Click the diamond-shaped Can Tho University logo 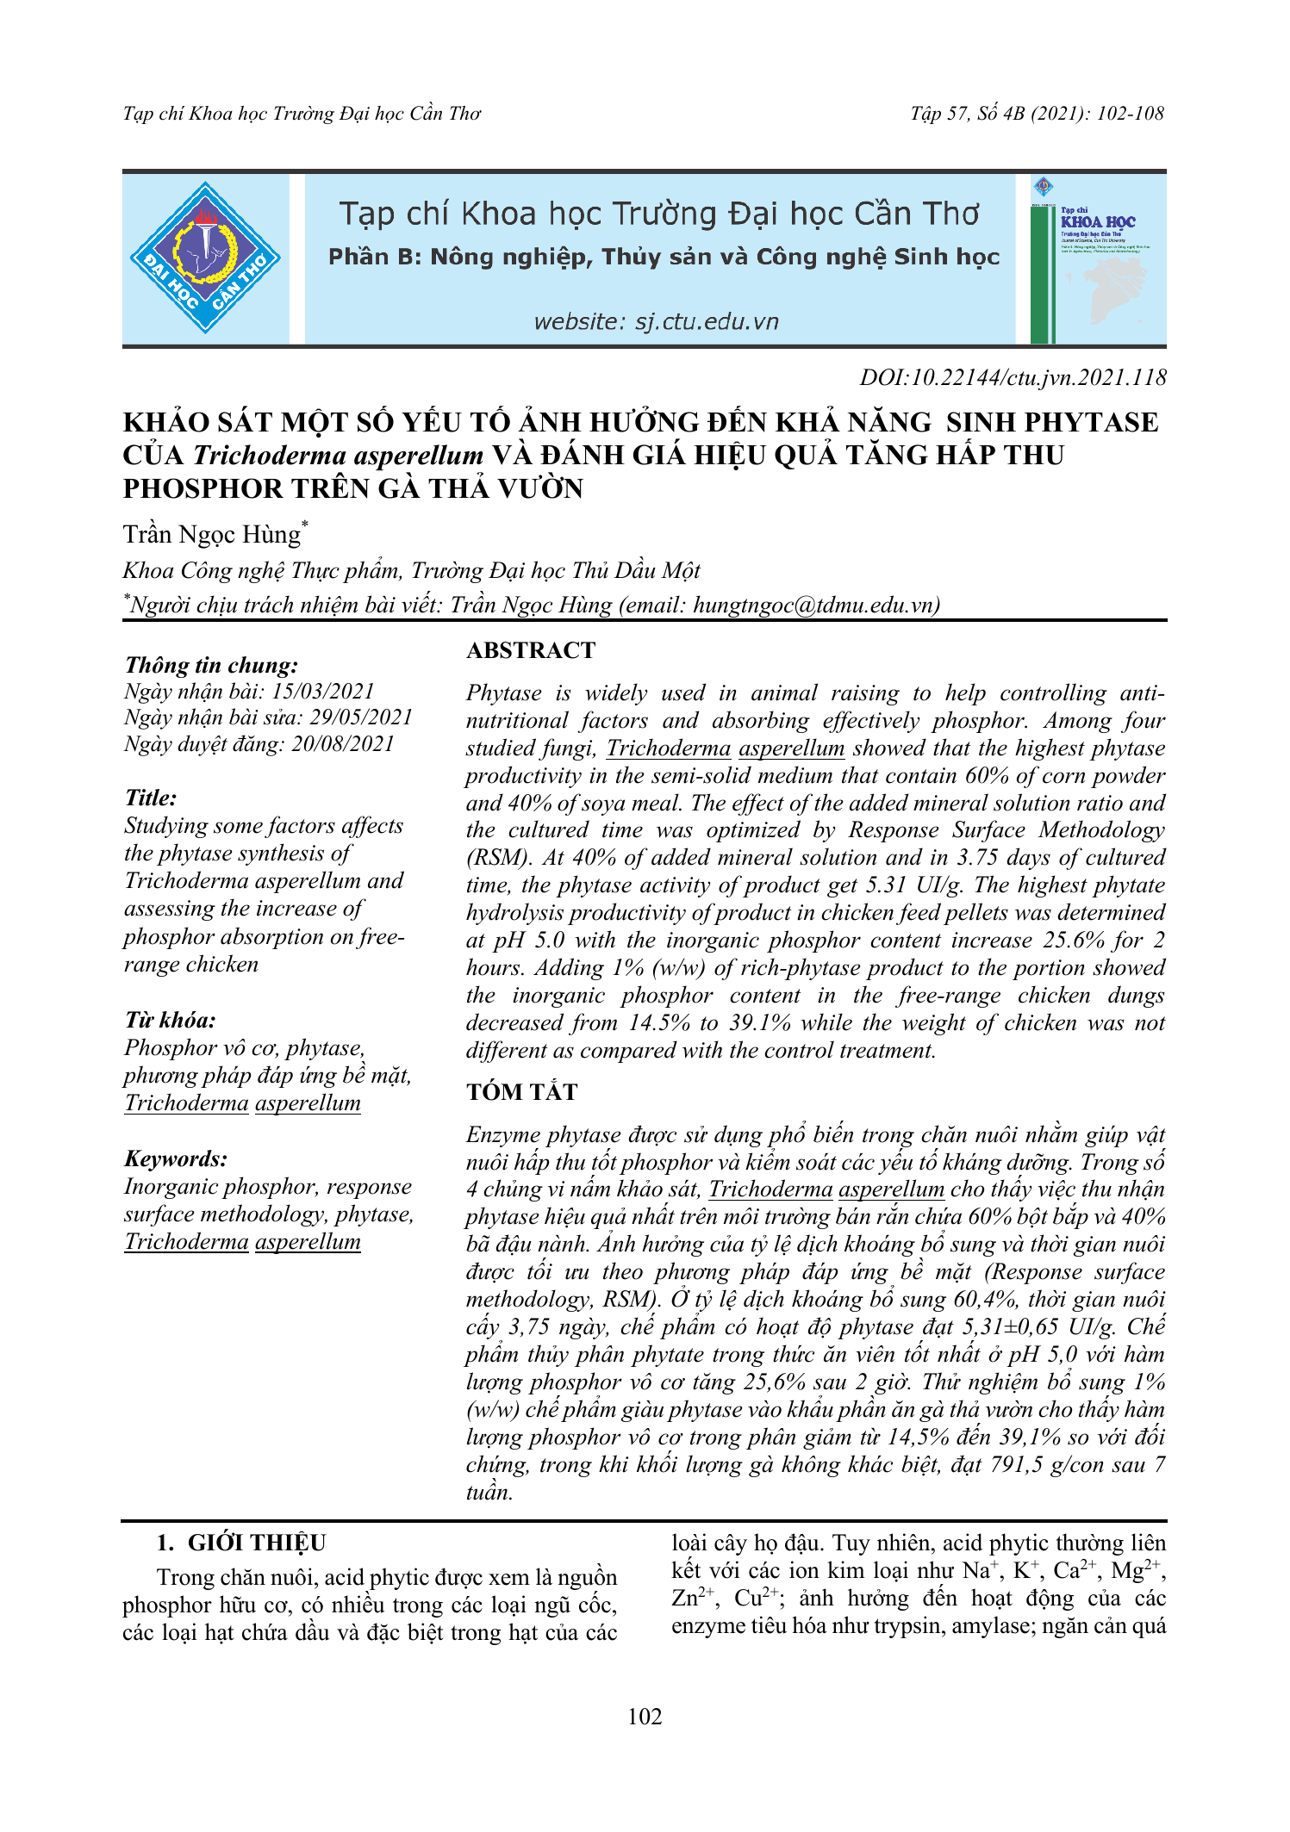tap(205, 258)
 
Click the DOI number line tap(1013, 377)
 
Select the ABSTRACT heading tap(531, 650)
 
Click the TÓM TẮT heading tap(522, 1092)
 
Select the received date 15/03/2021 tap(323, 691)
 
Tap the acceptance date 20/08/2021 tap(343, 744)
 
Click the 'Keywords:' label tap(177, 1158)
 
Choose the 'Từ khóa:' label tap(171, 1021)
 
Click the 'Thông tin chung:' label tap(212, 665)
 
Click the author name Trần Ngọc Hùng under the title tap(212, 535)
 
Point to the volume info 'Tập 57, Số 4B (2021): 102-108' tap(1037, 114)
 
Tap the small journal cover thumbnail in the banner tap(1098, 258)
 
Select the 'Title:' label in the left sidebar tap(151, 798)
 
